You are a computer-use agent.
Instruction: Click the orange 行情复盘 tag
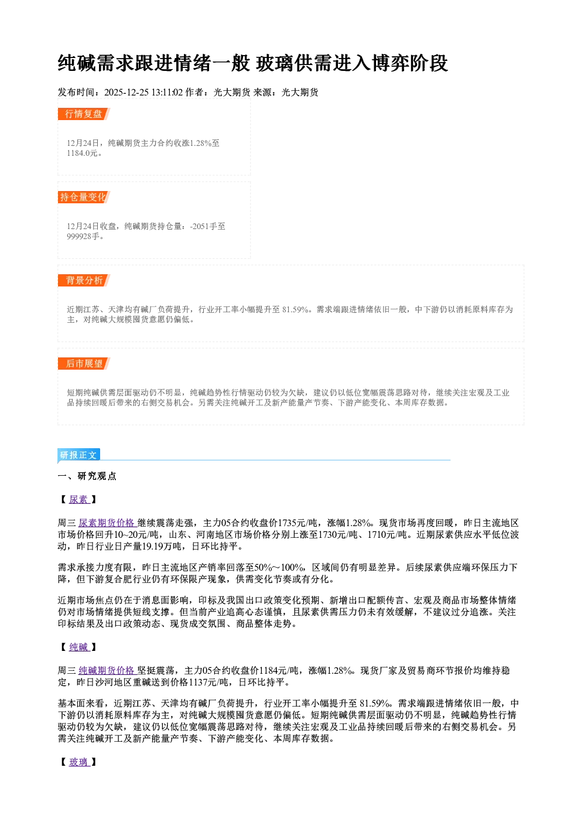pos(84,114)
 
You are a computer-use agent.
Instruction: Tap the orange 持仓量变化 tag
pos(84,197)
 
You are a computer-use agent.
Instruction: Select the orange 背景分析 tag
pos(84,281)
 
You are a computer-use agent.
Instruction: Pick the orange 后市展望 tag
pos(84,364)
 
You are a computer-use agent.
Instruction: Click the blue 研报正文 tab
pos(78,455)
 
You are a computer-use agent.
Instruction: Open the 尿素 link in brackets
pos(78,499)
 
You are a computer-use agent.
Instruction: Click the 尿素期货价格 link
pos(107,523)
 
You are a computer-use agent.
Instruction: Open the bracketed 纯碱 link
pos(78,647)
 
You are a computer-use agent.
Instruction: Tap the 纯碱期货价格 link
pos(107,670)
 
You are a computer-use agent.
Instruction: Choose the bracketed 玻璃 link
pos(78,762)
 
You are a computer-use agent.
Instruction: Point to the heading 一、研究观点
pos(87,476)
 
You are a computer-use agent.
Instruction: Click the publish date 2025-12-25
pos(126,93)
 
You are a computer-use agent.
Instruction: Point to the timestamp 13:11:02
pos(167,93)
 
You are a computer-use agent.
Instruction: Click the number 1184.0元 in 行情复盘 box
pos(82,153)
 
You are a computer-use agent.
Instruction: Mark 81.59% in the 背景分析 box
pos(295,309)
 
